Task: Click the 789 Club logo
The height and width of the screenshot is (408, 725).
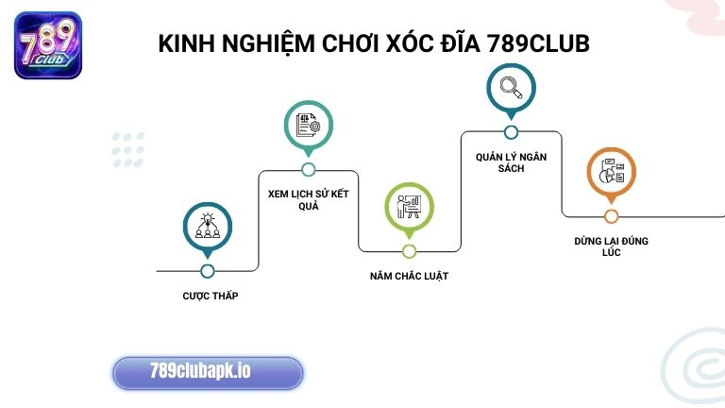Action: (48, 45)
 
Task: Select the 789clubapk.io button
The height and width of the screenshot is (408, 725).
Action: (208, 372)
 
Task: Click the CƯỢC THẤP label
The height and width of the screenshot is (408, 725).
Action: (211, 296)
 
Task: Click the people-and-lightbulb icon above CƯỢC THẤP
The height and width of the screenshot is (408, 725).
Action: (207, 228)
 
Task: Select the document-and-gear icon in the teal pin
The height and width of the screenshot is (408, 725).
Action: (309, 125)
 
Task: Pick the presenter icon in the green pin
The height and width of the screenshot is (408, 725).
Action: (409, 207)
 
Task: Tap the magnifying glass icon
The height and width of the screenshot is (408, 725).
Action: (511, 88)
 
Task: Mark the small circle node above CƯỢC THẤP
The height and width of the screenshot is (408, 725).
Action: (208, 271)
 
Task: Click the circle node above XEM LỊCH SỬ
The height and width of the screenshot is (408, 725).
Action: (309, 170)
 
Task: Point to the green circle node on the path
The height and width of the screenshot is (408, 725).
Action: (409, 251)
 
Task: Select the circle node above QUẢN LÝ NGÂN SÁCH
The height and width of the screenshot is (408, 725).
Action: (511, 132)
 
